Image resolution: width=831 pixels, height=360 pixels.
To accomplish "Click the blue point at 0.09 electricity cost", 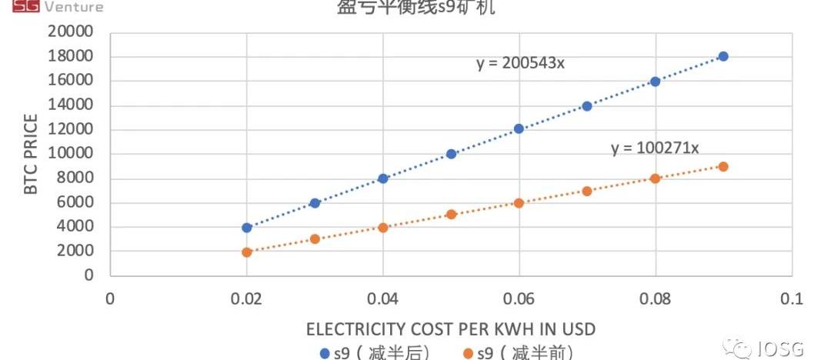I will [723, 56].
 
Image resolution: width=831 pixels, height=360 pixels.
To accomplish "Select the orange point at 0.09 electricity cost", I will [723, 166].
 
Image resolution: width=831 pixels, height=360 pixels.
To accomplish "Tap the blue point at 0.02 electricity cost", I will [246, 228].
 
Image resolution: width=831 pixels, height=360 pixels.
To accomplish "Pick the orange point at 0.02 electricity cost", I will [246, 252].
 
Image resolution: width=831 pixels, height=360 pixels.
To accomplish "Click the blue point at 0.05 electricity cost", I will [451, 154].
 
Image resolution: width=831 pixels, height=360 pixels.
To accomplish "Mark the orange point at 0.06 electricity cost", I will [519, 203].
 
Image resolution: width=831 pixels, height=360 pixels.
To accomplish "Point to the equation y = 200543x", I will [520, 63].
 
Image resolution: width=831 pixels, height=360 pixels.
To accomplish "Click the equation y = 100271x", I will [655, 148].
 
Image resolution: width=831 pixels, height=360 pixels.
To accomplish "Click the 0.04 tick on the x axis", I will [382, 298].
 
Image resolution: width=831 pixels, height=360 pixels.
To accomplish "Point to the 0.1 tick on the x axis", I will [791, 298].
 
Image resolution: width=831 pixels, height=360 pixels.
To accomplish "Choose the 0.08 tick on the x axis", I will [655, 298].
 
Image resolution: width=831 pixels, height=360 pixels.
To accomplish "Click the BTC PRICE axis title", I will [32, 154].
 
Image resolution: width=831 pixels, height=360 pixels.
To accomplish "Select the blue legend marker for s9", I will [324, 353].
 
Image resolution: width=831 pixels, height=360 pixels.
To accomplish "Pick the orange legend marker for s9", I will [467, 353].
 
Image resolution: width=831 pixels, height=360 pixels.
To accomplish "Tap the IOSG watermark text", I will [793, 350].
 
